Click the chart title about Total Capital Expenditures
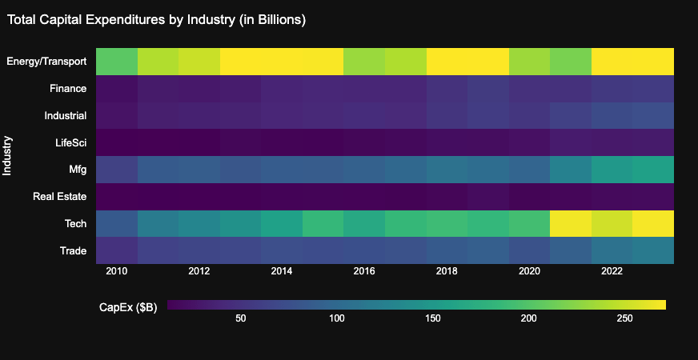pyautogui.click(x=157, y=20)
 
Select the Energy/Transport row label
pyautogui.click(x=46, y=62)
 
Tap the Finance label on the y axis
pyautogui.click(x=68, y=89)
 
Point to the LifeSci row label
pyautogui.click(x=69, y=142)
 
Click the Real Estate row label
pyautogui.click(x=60, y=197)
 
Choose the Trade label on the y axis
pyautogui.click(x=73, y=251)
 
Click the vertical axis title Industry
pyautogui.click(x=7, y=156)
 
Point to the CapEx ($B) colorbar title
pyautogui.click(x=127, y=307)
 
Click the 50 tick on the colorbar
pyautogui.click(x=239, y=319)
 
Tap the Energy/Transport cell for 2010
pyautogui.click(x=117, y=62)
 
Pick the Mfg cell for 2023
pyautogui.click(x=653, y=170)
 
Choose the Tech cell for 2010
pyautogui.click(x=117, y=223)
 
